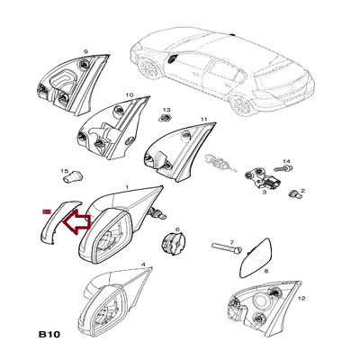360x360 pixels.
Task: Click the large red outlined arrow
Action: coord(76,222)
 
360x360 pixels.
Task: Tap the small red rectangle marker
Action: coord(47,211)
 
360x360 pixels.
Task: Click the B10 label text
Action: coord(49,334)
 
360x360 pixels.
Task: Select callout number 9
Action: coord(85,51)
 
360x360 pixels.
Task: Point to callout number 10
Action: coord(129,94)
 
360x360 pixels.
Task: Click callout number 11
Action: coord(204,119)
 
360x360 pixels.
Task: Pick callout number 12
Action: coord(301,298)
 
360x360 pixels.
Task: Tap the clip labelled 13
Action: coord(165,117)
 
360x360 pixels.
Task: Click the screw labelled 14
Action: coord(283,167)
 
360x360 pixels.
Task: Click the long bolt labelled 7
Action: coord(227,248)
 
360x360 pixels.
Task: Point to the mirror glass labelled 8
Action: coord(256,257)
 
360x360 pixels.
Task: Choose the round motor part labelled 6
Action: coord(174,243)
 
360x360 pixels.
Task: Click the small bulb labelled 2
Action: coord(295,194)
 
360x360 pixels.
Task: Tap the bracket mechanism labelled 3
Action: coord(264,178)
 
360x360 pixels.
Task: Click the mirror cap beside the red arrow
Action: coord(59,221)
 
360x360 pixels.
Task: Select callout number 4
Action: coord(143,265)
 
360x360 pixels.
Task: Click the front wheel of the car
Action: coord(149,68)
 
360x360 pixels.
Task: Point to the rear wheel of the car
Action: coord(242,104)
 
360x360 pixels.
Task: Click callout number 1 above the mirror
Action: coord(127,187)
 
